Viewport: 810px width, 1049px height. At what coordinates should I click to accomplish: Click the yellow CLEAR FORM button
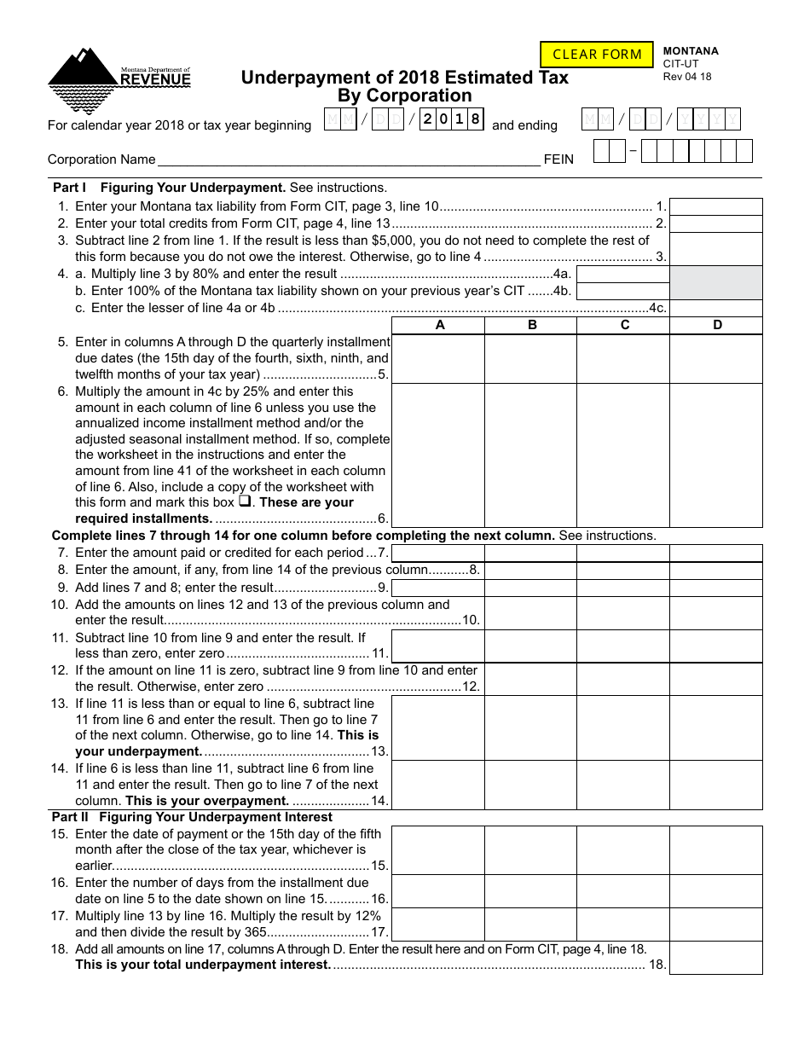597,55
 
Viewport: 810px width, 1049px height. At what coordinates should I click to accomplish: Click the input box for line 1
715,206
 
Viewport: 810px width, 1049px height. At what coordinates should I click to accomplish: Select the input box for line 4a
622,274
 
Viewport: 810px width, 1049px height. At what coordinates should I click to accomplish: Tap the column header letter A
438,325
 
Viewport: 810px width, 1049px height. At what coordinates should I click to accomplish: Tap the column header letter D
716,325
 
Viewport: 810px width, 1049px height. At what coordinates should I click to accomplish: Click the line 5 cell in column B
530,358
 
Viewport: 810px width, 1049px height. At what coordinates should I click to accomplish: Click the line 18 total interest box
715,957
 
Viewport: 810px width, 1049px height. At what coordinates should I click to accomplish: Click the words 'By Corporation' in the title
405,96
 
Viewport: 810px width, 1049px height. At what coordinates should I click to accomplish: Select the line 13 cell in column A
438,727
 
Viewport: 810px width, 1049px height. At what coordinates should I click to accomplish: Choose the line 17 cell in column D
715,924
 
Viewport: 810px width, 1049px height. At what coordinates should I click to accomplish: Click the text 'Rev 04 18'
687,77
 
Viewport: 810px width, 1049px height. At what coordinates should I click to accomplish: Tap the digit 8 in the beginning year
476,119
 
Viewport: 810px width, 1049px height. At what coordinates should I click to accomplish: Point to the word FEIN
558,159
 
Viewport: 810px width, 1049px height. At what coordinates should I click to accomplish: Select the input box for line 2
715,223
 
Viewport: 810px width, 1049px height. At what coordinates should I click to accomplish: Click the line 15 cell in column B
530,850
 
